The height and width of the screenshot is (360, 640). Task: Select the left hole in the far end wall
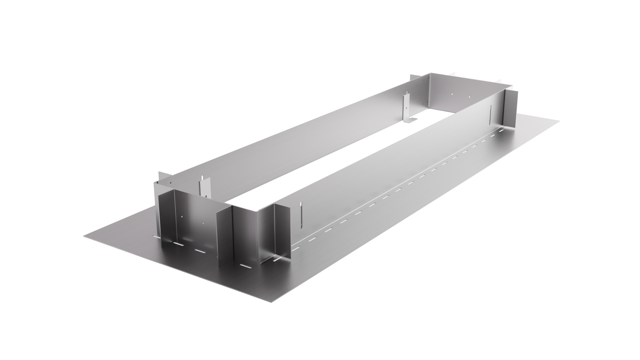pos(451,94)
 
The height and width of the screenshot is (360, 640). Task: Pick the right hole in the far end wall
pos(469,97)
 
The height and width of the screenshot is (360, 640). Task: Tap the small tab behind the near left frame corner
pos(161,176)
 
